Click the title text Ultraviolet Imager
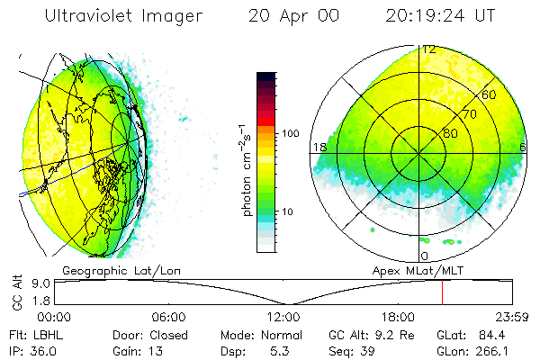[123, 16]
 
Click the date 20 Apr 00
[289, 16]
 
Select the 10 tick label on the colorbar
[288, 212]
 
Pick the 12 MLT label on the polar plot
[430, 49]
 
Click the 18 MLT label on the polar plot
[318, 146]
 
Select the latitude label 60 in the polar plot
[490, 94]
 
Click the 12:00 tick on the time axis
[283, 317]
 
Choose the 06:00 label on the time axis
[168, 317]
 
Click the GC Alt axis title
[17, 293]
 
